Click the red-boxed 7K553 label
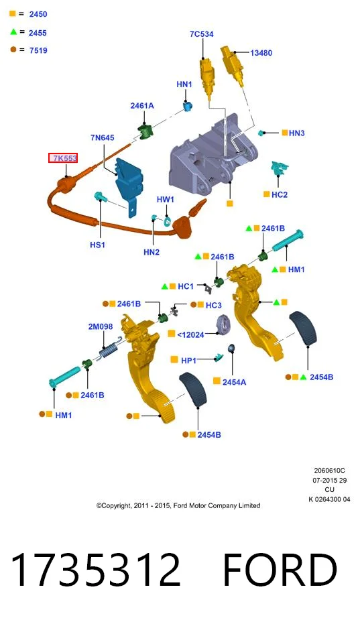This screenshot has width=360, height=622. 63,158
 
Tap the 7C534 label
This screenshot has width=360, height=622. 202,34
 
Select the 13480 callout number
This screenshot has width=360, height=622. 261,53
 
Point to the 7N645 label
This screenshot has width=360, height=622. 103,137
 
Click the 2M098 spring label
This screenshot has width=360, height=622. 101,326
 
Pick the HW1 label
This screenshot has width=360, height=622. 165,200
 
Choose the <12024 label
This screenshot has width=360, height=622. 190,335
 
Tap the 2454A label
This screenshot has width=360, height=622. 234,382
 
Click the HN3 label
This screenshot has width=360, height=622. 297,133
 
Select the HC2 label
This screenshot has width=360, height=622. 280,194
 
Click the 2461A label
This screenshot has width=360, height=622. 142,106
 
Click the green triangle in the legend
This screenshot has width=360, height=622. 13,32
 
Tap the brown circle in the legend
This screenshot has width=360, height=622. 13,50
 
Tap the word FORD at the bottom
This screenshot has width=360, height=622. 280,570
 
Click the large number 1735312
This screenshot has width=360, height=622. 96,570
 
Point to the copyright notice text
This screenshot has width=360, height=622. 178,505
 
